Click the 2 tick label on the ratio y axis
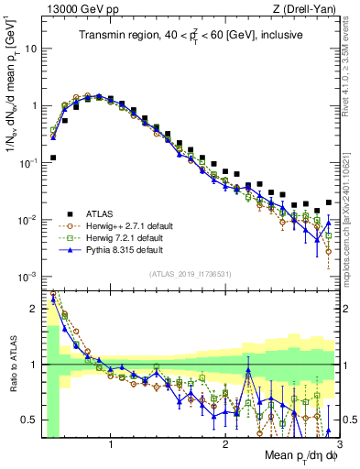[x=35, y=310]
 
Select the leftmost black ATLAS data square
[x=53, y=158]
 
